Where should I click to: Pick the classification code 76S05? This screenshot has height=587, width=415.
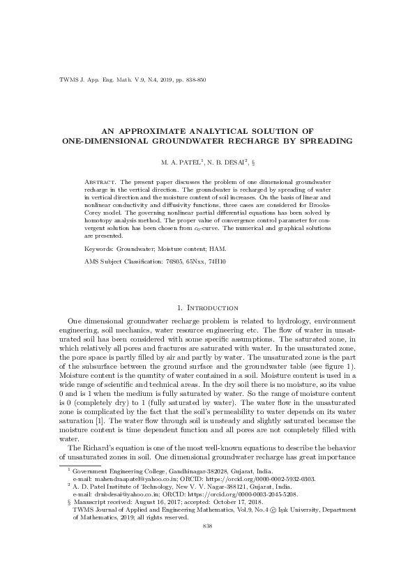(174, 261)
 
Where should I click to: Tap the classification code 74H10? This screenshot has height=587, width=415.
(226, 261)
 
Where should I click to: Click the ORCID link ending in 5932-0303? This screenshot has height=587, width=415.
(260, 480)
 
